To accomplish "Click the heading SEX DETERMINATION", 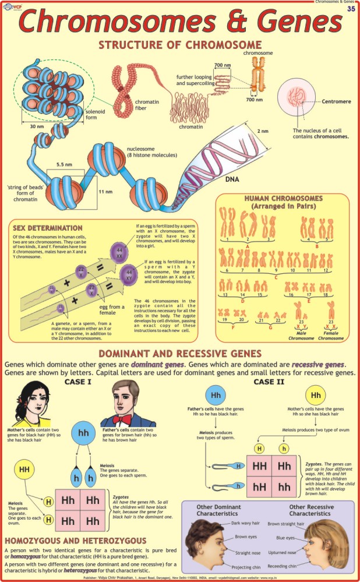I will coord(47,227).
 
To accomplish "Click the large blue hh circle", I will coord(87,433).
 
